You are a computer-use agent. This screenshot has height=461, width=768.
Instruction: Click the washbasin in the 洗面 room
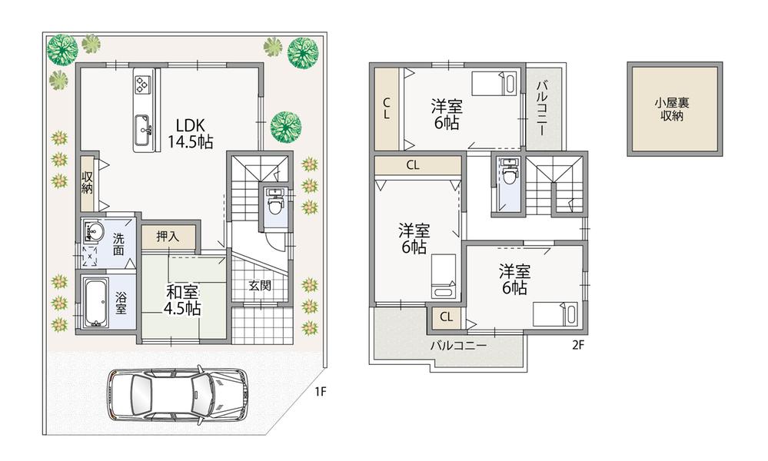(x=94, y=230)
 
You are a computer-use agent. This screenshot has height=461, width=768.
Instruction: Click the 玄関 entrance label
(x=260, y=286)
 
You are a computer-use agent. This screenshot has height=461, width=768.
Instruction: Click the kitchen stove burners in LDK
(x=144, y=82)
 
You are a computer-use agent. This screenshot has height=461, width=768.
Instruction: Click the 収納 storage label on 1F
(x=88, y=183)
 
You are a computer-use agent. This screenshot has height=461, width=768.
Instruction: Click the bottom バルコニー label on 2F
(x=458, y=346)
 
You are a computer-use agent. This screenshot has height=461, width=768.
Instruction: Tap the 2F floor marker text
(x=578, y=345)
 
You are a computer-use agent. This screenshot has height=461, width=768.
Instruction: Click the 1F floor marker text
(x=320, y=391)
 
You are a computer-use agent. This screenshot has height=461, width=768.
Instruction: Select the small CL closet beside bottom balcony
(x=447, y=317)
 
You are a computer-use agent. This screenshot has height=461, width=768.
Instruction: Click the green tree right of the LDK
(x=286, y=125)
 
